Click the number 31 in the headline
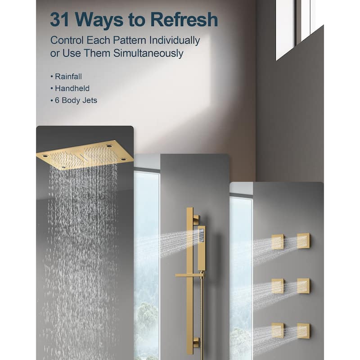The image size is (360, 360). coord(59,19)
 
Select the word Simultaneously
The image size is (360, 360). coord(148,53)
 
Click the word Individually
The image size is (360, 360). coord(175,40)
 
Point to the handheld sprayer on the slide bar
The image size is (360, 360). coord(201,248)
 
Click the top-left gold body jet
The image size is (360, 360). coord(278,242)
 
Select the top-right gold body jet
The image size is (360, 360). coord(303,241)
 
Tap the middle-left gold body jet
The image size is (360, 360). coord(278,286)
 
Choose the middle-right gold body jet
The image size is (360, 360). coord(303,286)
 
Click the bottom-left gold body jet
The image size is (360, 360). coord(278,330)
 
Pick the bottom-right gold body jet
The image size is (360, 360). coord(303,331)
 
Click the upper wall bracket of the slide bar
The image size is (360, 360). coord(196,220)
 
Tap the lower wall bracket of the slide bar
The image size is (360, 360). coord(196,342)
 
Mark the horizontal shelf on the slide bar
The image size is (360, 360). coord(190,275)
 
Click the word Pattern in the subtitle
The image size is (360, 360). coord(130,40)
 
